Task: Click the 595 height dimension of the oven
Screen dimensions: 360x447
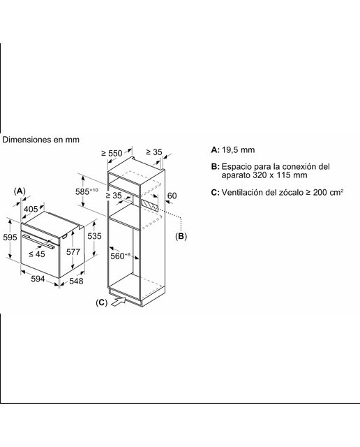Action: pyautogui.click(x=10, y=237)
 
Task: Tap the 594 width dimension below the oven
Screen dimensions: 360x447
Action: pyautogui.click(x=38, y=279)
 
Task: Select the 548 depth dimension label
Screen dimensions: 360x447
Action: pyautogui.click(x=76, y=281)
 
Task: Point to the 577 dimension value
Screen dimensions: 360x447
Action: pyautogui.click(x=73, y=251)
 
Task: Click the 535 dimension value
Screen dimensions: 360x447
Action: pyautogui.click(x=94, y=236)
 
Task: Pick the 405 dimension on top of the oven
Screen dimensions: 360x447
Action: pyautogui.click(x=31, y=210)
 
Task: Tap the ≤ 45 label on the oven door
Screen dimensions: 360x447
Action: pyautogui.click(x=37, y=254)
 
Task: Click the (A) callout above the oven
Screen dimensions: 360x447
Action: pyautogui.click(x=20, y=191)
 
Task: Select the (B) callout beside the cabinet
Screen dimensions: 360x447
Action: pyautogui.click(x=181, y=236)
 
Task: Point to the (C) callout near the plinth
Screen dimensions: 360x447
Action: pyautogui.click(x=102, y=302)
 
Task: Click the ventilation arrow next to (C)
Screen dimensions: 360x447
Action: pyautogui.click(x=118, y=302)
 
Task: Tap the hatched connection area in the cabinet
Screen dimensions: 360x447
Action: pyautogui.click(x=149, y=205)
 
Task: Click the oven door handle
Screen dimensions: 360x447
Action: pyautogui.click(x=39, y=242)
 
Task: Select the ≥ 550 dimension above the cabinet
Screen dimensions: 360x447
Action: pyautogui.click(x=112, y=154)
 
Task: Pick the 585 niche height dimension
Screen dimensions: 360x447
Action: pyautogui.click(x=87, y=191)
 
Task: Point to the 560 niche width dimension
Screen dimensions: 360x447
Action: pyautogui.click(x=120, y=256)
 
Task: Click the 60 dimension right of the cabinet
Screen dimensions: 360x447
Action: pyautogui.click(x=172, y=196)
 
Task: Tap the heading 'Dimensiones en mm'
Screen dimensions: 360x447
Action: pyautogui.click(x=40, y=140)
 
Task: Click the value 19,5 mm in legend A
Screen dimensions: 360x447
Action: pyautogui.click(x=238, y=149)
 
